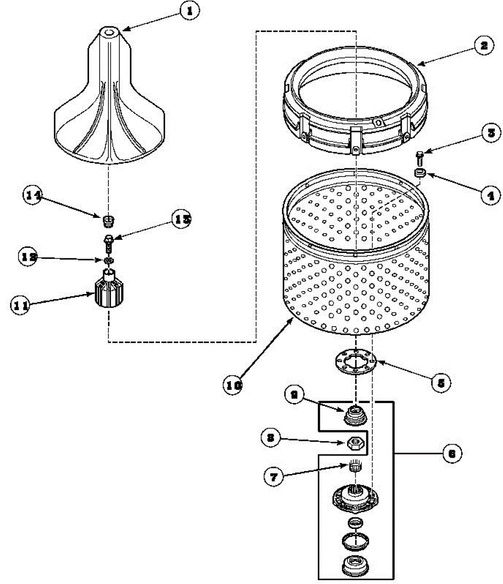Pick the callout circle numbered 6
451,454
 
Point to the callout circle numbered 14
33,195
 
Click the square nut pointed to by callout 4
420,173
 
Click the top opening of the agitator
109,33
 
